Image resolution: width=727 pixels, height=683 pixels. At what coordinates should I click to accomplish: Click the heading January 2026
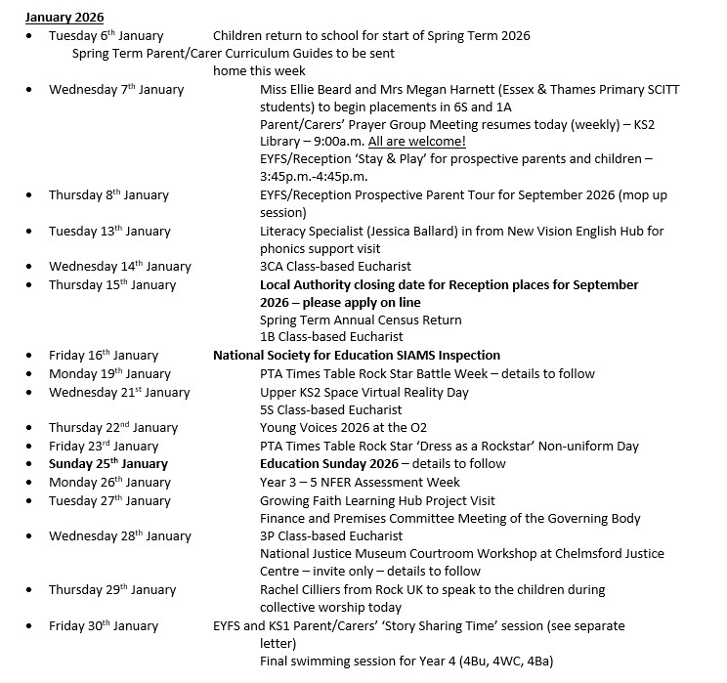[64, 18]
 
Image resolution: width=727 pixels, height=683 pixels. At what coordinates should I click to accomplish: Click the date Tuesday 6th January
[107, 36]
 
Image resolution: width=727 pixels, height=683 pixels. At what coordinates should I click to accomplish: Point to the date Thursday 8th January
[108, 195]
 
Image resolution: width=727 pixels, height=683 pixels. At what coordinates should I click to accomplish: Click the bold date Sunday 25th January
[108, 464]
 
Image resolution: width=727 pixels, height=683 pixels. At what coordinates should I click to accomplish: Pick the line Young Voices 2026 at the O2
[343, 427]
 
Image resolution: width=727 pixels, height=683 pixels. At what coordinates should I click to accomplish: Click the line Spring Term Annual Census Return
[361, 320]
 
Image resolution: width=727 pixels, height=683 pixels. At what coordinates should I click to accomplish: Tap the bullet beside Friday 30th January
[30, 626]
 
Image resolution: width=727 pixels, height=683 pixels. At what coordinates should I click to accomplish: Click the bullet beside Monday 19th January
[30, 374]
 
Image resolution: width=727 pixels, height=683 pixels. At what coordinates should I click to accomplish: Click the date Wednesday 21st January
[119, 393]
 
